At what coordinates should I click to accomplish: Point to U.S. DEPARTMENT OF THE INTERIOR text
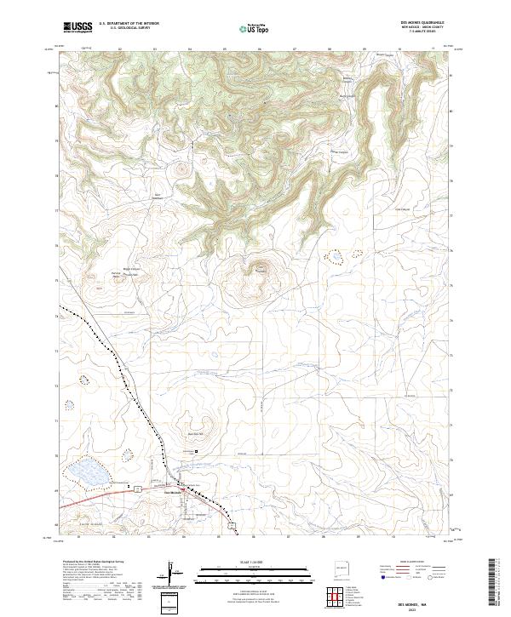(x=129, y=24)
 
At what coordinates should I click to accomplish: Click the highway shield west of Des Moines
(x=134, y=490)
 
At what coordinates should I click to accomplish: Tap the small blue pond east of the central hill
(x=336, y=255)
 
